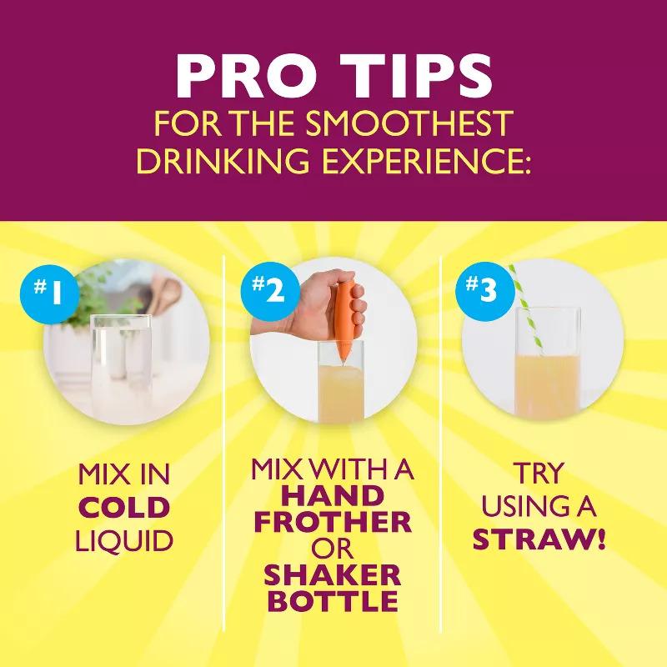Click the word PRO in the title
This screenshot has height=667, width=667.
247,77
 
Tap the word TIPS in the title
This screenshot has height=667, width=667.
418,77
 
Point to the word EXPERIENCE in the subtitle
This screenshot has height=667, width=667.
427,161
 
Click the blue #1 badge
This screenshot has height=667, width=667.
50,294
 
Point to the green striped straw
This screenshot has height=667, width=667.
526,310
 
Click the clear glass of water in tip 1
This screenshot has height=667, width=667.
122,366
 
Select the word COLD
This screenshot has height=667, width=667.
124,508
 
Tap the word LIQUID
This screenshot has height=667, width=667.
124,541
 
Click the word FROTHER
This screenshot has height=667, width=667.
333,522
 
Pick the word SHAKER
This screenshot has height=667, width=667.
333,575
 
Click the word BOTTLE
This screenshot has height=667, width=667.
334,601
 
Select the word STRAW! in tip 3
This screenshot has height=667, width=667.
539,539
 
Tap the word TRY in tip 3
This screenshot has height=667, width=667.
538,473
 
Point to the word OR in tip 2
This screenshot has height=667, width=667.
332,549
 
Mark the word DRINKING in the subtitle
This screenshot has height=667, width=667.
223,161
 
